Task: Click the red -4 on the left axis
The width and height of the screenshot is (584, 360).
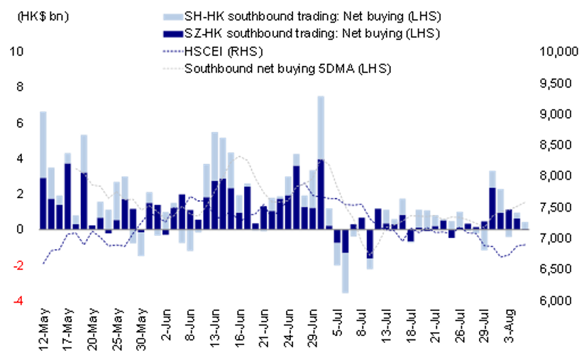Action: (21, 301)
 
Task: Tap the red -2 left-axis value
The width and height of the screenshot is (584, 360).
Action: (21, 266)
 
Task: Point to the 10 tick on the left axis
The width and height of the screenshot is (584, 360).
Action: (19, 52)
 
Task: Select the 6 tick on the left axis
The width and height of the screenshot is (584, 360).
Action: (22, 123)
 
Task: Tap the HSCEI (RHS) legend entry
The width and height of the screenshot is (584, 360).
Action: (220, 51)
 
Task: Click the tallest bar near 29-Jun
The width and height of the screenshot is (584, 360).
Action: (321, 142)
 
